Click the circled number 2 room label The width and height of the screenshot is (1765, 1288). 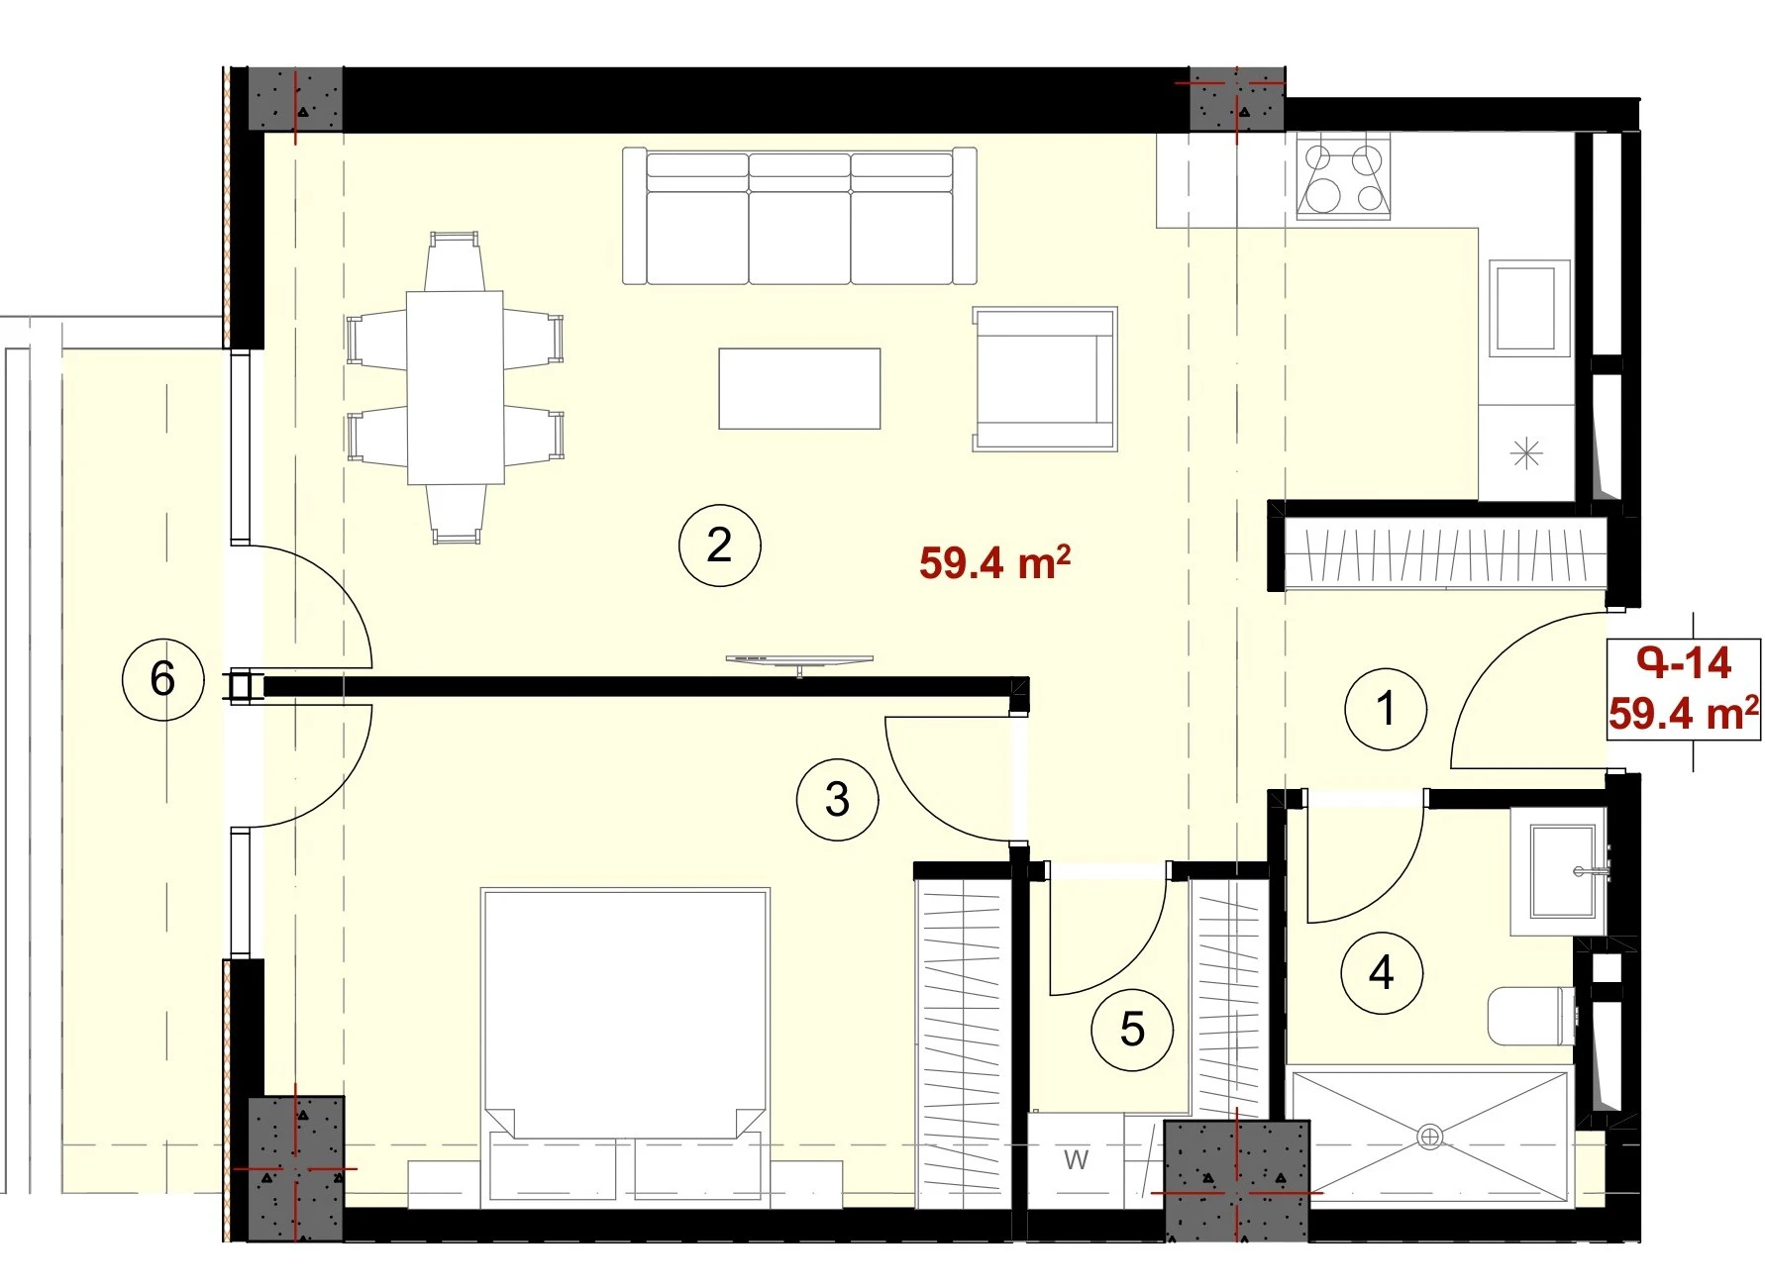click(x=719, y=545)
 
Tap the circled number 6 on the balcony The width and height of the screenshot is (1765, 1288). click(x=162, y=679)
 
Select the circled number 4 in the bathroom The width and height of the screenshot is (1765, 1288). click(x=1382, y=973)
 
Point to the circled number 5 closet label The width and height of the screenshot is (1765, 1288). click(x=1132, y=1030)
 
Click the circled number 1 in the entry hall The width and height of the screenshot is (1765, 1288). click(x=1387, y=708)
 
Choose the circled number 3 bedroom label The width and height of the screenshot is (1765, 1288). click(x=838, y=799)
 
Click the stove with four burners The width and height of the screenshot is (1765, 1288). click(x=1344, y=177)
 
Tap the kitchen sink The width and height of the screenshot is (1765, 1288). click(x=1529, y=307)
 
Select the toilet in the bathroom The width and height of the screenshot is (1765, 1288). click(x=1531, y=1015)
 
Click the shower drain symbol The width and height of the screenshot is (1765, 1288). click(x=1429, y=1137)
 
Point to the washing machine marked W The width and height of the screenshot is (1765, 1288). click(x=1076, y=1159)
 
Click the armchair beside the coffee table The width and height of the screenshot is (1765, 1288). click(x=1045, y=378)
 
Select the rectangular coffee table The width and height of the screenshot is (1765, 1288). click(x=799, y=388)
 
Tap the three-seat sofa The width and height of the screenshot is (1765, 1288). click(x=799, y=217)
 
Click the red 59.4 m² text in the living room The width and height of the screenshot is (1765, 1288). click(x=994, y=561)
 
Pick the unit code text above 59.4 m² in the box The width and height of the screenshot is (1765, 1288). click(x=1684, y=662)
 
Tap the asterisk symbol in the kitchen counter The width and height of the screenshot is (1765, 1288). click(x=1526, y=453)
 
